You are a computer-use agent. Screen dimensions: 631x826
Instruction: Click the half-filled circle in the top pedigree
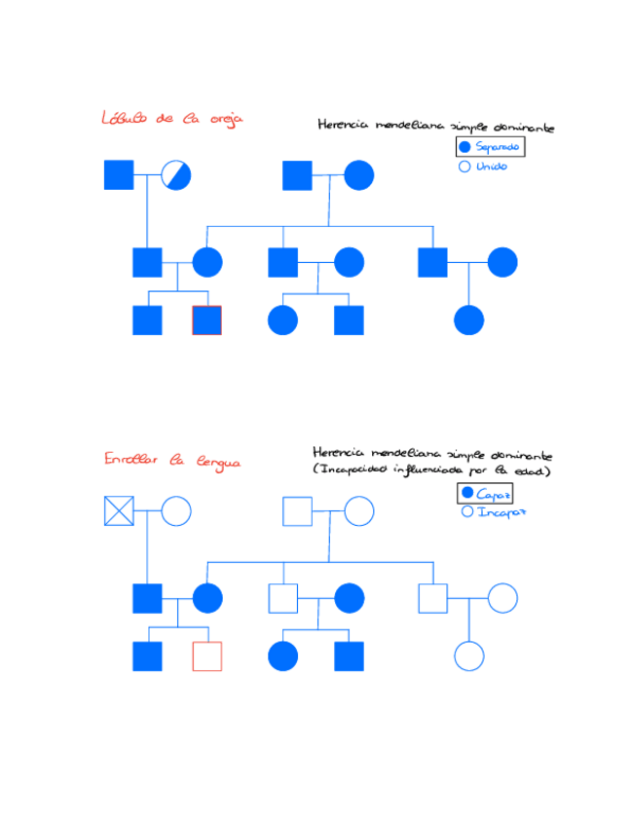pos(176,175)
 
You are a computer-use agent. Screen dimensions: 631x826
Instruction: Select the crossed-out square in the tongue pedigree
pos(119,511)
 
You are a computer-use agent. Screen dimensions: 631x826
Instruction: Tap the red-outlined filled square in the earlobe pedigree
pos(206,320)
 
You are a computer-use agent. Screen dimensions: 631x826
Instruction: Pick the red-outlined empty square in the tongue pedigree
pos(206,657)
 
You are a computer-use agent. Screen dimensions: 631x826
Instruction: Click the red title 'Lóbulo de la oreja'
pos(171,119)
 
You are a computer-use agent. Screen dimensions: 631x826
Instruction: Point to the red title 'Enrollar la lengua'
pos(171,461)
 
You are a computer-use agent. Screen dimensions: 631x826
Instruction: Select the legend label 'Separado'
pos(497,147)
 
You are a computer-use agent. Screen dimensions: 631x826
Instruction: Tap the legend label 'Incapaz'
pos(501,512)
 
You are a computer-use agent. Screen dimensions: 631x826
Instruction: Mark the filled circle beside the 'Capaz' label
pos(466,494)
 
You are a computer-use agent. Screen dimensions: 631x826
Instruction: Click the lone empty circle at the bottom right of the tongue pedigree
pos(469,657)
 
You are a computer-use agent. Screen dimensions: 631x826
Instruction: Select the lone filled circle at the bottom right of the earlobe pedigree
pos(469,320)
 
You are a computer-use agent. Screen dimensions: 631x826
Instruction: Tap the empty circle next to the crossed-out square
pos(176,511)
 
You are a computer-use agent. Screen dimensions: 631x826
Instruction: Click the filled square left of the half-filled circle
pos(119,175)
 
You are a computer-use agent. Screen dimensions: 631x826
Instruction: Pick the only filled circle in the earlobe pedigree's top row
pos(358,175)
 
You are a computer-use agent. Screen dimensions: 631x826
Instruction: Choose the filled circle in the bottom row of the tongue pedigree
pos(282,657)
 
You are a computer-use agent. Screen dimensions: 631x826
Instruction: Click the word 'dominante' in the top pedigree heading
pos(523,127)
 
